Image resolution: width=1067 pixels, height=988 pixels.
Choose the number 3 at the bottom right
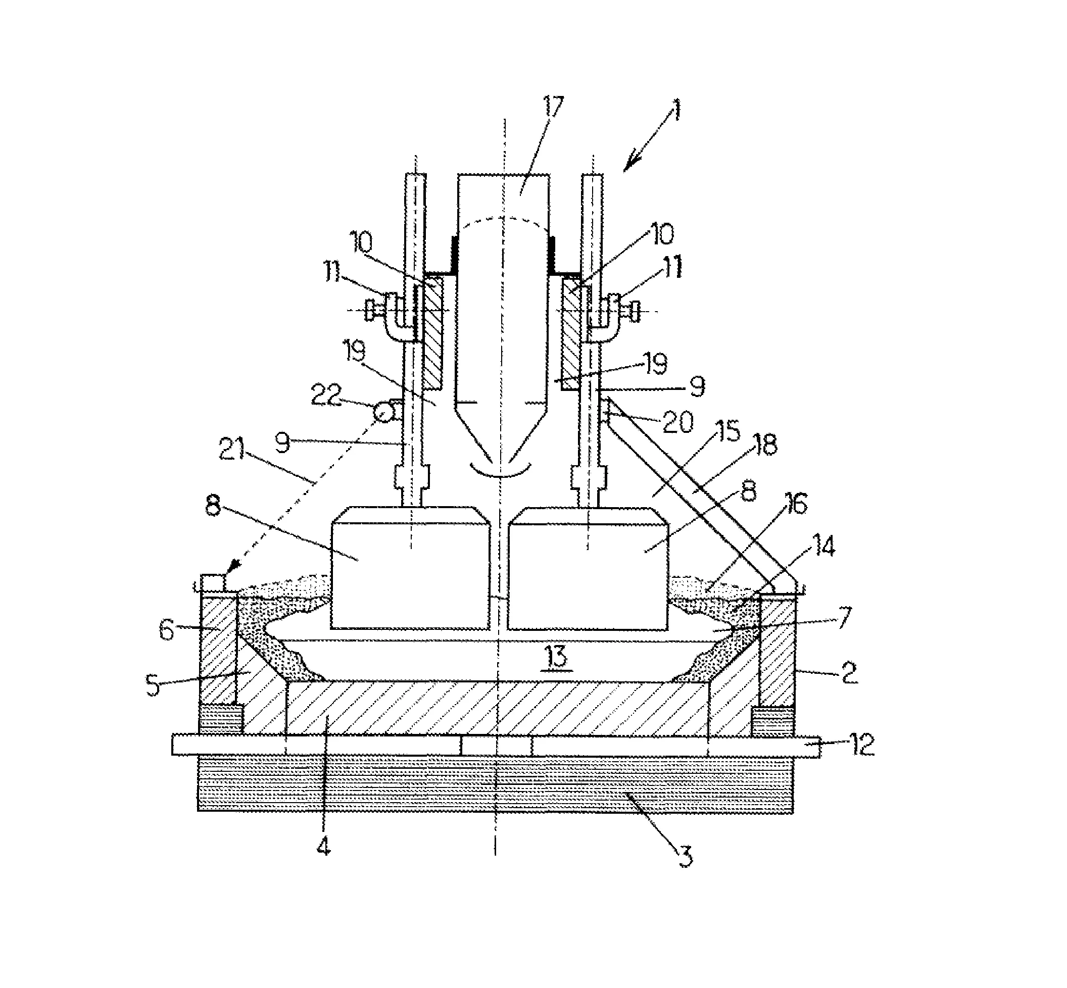(685, 857)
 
